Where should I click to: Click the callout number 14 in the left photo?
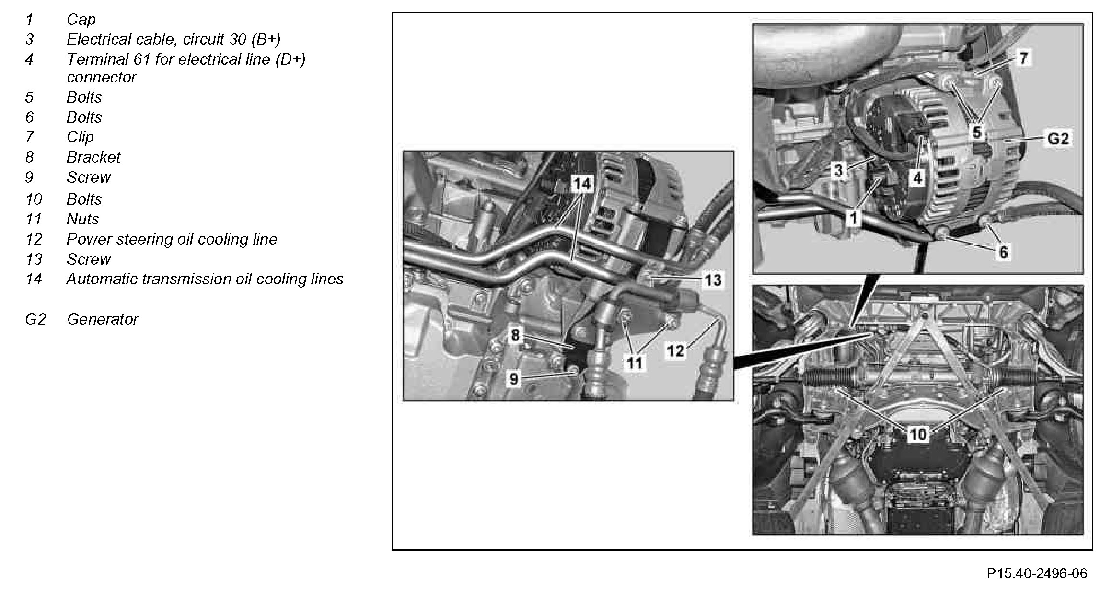click(x=582, y=184)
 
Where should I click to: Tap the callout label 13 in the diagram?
click(x=713, y=280)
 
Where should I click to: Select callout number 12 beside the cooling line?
click(x=675, y=351)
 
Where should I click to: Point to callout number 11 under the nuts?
click(x=635, y=363)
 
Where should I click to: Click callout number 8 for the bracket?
click(x=515, y=335)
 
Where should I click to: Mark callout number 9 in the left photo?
click(x=514, y=379)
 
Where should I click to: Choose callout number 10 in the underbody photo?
click(x=918, y=435)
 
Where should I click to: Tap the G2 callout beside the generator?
click(x=1058, y=139)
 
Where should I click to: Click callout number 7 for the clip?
click(x=1023, y=58)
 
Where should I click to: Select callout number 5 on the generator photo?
click(x=977, y=131)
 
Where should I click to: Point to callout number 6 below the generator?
click(x=1003, y=252)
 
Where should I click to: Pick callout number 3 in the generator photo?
click(x=838, y=171)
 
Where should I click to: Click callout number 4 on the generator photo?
click(x=917, y=178)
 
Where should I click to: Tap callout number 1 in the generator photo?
click(x=853, y=219)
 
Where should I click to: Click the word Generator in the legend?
click(x=103, y=319)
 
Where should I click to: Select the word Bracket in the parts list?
click(x=93, y=157)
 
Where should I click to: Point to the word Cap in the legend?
click(x=81, y=20)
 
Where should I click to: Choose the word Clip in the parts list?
click(x=80, y=137)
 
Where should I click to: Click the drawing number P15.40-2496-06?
click(x=1037, y=573)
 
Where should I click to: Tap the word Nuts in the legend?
click(x=82, y=219)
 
